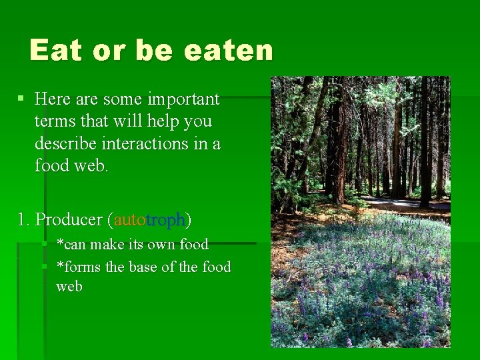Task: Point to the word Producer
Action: (68, 219)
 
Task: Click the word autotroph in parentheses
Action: (151, 219)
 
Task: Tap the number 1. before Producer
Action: (24, 219)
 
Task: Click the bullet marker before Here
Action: (21, 99)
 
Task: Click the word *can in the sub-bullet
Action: (71, 244)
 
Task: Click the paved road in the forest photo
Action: (407, 202)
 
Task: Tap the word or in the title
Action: (111, 50)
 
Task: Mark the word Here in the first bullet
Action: (53, 99)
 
